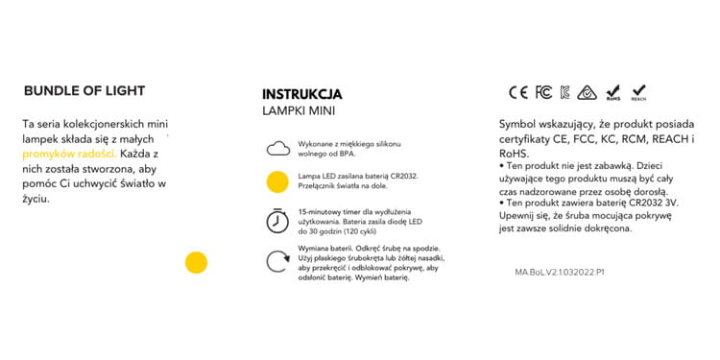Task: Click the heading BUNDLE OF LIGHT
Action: click(84, 91)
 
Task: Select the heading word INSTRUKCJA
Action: click(301, 95)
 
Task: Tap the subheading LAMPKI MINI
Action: click(299, 111)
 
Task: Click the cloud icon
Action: click(277, 148)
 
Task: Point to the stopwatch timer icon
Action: click(277, 220)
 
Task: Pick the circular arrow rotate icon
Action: click(277, 262)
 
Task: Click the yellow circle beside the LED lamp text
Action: click(277, 180)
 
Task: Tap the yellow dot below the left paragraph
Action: click(196, 262)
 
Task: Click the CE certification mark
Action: click(518, 93)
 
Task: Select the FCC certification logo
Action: click(542, 93)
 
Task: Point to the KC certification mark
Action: click(565, 93)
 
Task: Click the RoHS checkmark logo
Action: click(613, 93)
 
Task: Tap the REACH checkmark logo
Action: click(638, 93)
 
